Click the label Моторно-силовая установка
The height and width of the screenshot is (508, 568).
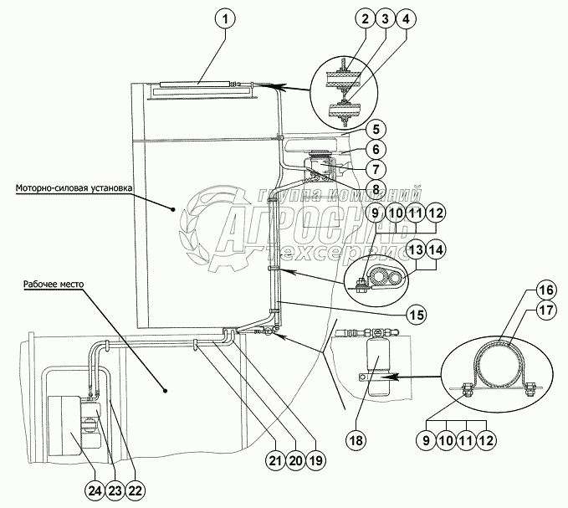pyautogui.click(x=74, y=188)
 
